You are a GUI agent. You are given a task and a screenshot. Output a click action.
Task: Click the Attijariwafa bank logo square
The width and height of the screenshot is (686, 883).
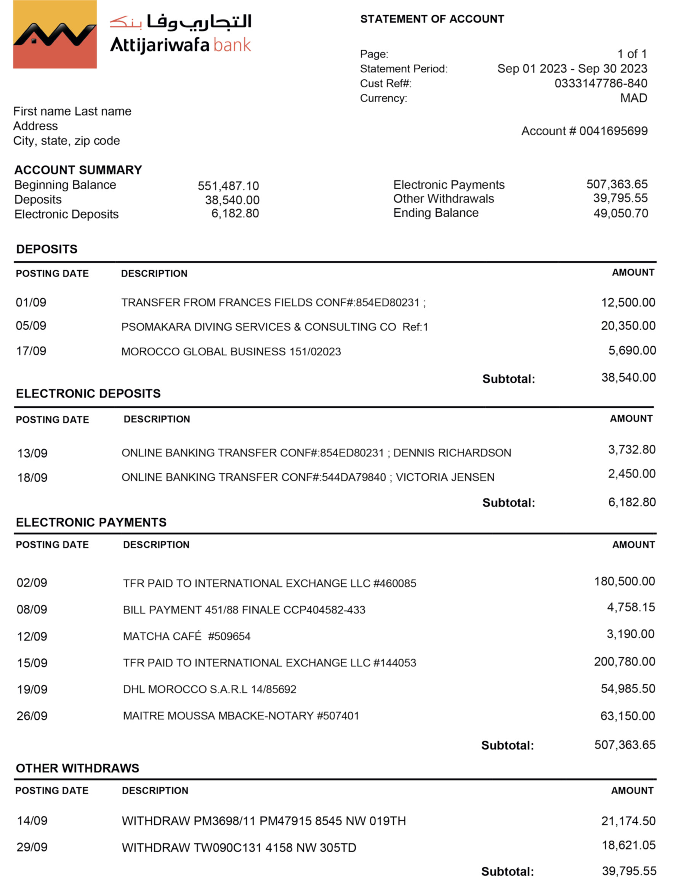click(54, 34)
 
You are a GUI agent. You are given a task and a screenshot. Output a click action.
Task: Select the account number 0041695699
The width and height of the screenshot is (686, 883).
click(613, 131)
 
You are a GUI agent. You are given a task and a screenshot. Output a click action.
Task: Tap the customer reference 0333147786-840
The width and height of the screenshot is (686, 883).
click(601, 83)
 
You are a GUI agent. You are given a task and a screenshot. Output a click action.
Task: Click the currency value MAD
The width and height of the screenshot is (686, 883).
click(633, 98)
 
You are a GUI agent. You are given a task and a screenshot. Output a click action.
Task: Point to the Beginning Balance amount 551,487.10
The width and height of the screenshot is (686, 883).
click(228, 186)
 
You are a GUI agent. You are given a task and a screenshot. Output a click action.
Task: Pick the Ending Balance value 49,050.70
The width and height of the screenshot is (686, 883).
click(620, 213)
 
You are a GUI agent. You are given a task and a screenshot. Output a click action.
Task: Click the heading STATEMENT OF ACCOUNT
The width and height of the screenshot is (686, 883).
click(432, 19)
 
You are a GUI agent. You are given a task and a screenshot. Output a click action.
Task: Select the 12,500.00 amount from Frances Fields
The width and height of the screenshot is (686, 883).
click(628, 302)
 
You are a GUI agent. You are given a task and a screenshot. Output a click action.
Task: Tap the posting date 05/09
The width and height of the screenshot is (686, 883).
click(31, 326)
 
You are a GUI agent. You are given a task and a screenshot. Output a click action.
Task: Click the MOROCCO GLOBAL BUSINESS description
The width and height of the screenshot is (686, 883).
click(231, 352)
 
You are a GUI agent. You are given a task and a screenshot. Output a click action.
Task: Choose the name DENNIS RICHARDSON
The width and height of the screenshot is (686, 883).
click(452, 453)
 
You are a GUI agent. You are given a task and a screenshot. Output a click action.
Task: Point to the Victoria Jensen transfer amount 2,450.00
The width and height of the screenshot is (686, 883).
click(632, 474)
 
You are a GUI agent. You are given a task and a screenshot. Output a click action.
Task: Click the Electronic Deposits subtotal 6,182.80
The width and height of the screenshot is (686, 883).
click(632, 502)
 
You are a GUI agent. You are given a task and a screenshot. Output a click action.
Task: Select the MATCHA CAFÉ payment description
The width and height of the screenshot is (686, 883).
click(186, 636)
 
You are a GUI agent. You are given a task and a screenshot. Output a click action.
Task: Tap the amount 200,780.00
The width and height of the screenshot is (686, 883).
click(624, 661)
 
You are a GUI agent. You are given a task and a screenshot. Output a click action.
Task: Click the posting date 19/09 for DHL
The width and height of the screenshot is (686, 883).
click(32, 689)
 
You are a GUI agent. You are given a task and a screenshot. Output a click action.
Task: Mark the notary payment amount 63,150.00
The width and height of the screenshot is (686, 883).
click(627, 716)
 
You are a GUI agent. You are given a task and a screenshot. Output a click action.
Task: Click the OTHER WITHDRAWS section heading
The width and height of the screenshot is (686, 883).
click(77, 768)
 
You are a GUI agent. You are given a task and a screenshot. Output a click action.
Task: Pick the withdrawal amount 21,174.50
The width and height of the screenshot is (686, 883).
click(628, 821)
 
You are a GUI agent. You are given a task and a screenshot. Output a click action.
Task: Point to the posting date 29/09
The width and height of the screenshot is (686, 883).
click(32, 847)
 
